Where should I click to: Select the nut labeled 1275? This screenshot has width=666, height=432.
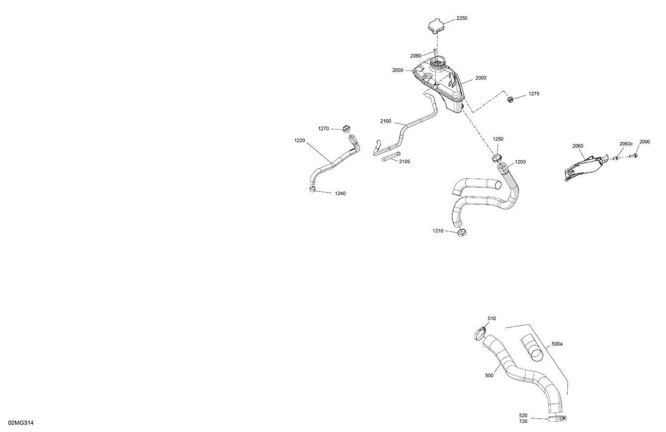pyautogui.click(x=511, y=99)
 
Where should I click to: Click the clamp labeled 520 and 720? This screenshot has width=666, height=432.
pyautogui.click(x=557, y=419)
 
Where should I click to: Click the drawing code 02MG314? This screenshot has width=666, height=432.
pyautogui.click(x=21, y=423)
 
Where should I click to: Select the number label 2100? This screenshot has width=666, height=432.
pyautogui.click(x=386, y=121)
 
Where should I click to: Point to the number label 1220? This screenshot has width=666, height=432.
pyautogui.click(x=300, y=140)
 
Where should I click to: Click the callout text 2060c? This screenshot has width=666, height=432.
pyautogui.click(x=626, y=144)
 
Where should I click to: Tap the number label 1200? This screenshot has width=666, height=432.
pyautogui.click(x=520, y=162)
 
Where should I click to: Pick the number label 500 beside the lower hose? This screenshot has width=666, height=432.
pyautogui.click(x=489, y=376)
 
